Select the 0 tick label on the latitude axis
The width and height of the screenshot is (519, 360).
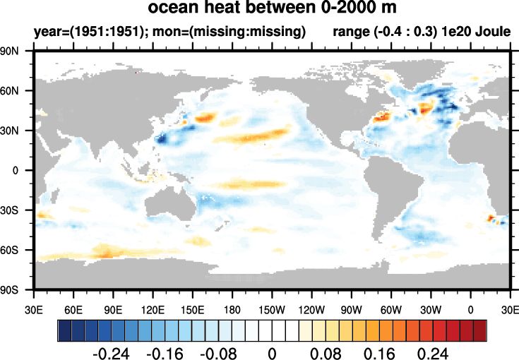24,170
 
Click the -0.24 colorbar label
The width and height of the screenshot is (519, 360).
109,352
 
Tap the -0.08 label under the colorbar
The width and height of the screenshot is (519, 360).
217,352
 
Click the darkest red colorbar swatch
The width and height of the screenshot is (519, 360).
479,330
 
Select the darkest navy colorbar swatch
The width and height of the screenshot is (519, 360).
64,330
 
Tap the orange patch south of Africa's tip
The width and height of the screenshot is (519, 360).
491,219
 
